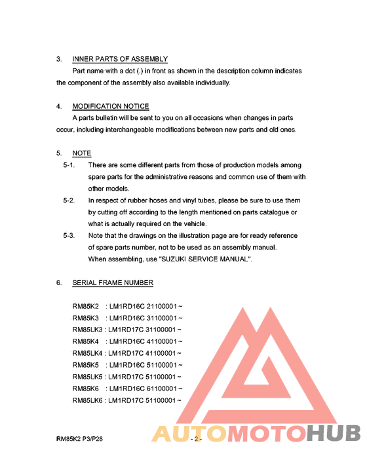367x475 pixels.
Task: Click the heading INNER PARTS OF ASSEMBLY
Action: [120, 59]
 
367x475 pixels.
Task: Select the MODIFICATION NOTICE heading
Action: [111, 106]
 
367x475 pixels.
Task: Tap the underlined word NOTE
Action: [82, 153]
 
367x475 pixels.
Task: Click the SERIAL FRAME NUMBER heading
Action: [113, 282]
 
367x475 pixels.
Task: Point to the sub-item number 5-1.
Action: [69, 165]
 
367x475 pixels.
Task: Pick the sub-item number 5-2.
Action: [69, 200]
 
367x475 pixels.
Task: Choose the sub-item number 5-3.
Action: [69, 236]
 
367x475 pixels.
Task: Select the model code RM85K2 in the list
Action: [85, 306]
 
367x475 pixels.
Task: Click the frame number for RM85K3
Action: [145, 318]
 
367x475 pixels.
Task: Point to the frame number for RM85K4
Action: [145, 341]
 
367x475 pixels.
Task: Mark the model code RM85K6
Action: [85, 389]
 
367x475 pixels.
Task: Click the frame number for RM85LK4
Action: [145, 353]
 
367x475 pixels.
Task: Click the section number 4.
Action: [58, 106]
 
